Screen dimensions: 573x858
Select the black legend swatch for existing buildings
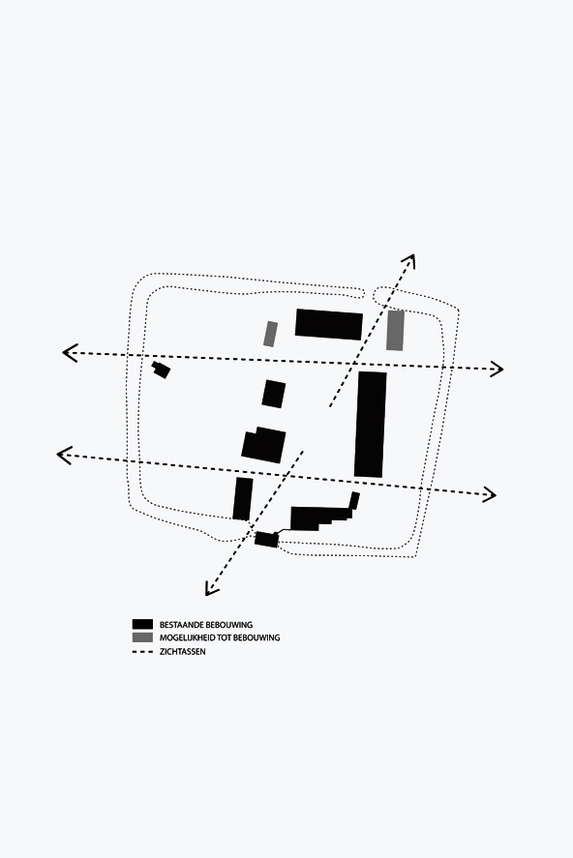click(142, 624)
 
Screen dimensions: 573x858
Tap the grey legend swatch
click(142, 636)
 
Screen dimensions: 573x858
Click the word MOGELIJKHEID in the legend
click(185, 637)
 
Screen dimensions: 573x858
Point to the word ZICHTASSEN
click(183, 651)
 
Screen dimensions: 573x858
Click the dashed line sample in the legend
click(142, 651)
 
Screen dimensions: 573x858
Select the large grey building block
click(395, 331)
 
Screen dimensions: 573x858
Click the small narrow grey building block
click(270, 334)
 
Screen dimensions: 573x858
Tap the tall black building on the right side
click(371, 425)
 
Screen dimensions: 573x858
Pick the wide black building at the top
click(329, 324)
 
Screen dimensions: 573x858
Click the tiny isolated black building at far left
click(161, 370)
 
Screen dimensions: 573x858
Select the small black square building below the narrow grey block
click(274, 394)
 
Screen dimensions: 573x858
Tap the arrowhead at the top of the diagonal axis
click(409, 261)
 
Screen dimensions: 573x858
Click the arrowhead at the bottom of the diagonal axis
click(211, 589)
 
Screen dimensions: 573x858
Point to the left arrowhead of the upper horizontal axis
click(69, 353)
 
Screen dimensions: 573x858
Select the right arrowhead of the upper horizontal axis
click(497, 370)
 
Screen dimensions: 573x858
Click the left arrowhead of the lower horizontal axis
click(64, 455)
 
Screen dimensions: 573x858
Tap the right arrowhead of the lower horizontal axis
click(490, 494)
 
